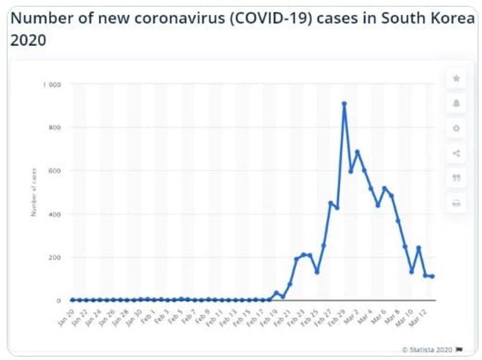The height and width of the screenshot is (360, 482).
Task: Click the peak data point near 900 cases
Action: (x=344, y=104)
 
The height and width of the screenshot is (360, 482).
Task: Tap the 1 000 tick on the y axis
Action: (x=52, y=85)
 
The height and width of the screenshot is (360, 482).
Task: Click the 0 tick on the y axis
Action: (x=59, y=300)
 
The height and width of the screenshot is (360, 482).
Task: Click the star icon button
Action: (x=456, y=79)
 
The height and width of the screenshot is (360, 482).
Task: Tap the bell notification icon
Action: (x=456, y=103)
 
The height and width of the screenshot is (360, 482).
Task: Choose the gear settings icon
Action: (x=456, y=128)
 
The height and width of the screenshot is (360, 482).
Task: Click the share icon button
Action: (x=456, y=153)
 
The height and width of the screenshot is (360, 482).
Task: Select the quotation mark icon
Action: (x=456, y=178)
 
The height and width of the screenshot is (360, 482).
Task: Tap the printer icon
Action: (x=456, y=203)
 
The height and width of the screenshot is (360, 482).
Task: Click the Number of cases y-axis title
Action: (x=34, y=192)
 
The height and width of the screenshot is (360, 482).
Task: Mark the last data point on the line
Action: (x=432, y=276)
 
